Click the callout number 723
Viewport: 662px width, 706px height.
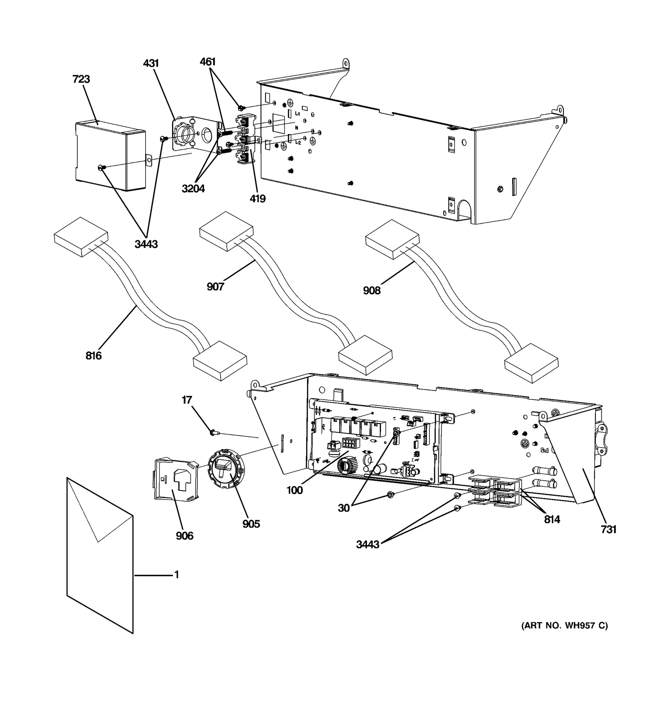coord(81,79)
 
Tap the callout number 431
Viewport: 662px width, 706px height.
coord(151,63)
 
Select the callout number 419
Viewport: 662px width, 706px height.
coord(257,199)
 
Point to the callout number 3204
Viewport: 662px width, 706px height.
coord(193,189)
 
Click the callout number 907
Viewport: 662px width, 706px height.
coord(215,287)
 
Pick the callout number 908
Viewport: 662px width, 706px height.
coord(372,291)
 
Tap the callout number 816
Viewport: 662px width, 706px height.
coord(94,356)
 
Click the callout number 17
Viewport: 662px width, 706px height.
coord(187,400)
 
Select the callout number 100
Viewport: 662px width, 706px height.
coord(295,491)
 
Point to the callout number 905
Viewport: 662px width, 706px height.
coord(251,524)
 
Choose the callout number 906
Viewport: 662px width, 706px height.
coord(185,536)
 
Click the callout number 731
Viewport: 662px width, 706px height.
coord(609,529)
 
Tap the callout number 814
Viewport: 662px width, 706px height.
coord(552,519)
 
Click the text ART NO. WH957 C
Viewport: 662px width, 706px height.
coord(564,637)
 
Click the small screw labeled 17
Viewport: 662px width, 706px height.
coord(214,433)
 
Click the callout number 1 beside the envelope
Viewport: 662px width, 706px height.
coord(177,575)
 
